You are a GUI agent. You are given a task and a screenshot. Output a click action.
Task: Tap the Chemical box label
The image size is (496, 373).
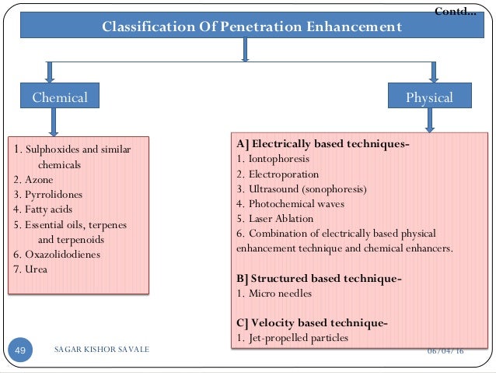point(59,97)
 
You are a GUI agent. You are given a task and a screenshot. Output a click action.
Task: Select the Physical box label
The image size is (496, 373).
point(430,97)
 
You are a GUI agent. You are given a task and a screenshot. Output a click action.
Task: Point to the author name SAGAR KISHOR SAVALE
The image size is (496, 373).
point(101,351)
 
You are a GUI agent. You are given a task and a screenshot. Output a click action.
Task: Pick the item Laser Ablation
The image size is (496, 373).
point(280,218)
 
